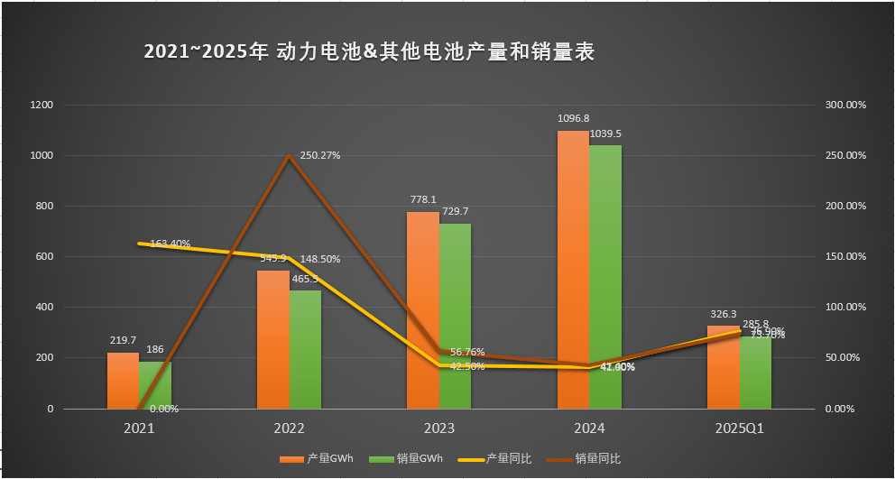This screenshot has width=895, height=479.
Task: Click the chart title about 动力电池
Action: [369, 52]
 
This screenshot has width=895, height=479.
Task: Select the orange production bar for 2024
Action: [573, 271]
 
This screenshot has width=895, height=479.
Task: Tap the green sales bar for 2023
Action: [456, 316]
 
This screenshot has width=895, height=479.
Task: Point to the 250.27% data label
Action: [319, 155]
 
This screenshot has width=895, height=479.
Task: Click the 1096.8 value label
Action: [574, 118]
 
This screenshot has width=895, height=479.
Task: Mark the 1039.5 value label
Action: [605, 134]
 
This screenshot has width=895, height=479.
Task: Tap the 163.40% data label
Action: [169, 244]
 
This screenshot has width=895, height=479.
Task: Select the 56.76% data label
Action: [466, 352]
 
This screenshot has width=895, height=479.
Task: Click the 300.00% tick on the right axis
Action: [845, 105]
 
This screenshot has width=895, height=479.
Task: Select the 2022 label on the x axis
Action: [289, 428]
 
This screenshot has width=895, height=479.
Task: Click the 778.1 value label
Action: [423, 199]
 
